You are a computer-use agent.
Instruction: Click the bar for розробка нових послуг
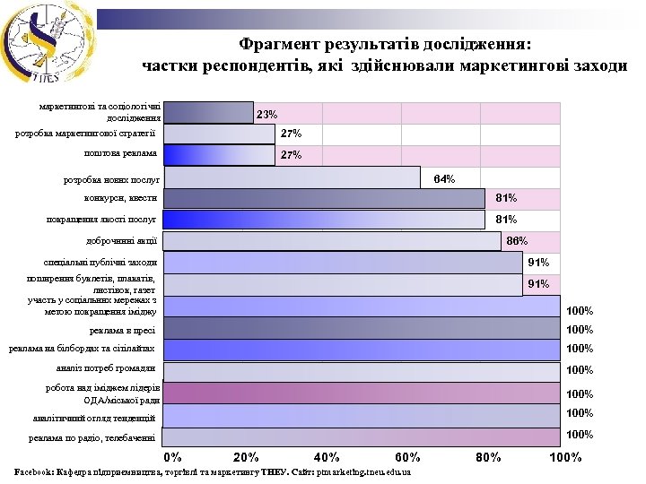(292, 177)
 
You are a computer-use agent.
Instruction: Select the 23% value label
(267, 115)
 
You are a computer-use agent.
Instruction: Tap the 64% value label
(443, 179)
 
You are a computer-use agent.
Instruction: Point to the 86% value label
(517, 241)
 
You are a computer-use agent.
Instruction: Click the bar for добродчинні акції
(332, 241)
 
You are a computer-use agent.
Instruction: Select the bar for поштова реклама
(219, 155)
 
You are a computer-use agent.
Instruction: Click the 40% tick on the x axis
(327, 458)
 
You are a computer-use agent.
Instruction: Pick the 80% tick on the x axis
(488, 458)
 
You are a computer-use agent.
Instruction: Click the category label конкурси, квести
(121, 198)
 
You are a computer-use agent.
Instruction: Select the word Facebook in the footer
(33, 471)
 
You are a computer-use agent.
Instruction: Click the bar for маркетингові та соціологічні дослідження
(208, 112)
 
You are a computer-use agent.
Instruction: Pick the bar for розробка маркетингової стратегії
(219, 134)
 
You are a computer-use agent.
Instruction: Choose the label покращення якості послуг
(101, 219)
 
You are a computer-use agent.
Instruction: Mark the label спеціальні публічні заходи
(100, 263)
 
